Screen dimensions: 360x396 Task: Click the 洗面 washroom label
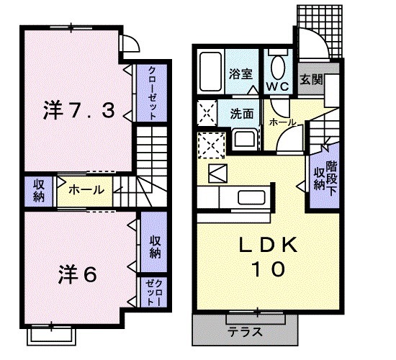point(242,113)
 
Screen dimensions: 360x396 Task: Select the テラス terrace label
point(246,333)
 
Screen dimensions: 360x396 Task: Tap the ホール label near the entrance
point(282,123)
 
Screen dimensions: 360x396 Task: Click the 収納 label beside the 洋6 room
point(155,246)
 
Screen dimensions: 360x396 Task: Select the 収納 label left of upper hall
point(37,190)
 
